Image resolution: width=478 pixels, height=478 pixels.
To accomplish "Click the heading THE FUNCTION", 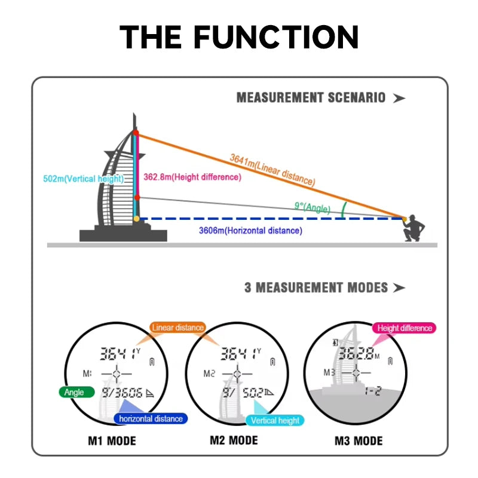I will [x=239, y=37].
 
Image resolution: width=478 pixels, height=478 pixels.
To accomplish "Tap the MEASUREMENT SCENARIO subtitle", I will [x=311, y=97].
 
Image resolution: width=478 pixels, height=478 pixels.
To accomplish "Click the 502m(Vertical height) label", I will [x=84, y=179].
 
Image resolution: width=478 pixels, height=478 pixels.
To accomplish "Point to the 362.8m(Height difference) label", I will [x=192, y=177].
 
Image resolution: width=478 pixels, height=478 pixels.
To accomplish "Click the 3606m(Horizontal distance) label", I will [x=250, y=231].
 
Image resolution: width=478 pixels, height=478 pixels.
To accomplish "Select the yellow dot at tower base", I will [x=137, y=219].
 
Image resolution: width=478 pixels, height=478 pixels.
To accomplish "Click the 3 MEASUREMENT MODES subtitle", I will [x=316, y=287].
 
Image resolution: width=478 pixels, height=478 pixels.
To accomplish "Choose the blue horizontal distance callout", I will [x=151, y=419].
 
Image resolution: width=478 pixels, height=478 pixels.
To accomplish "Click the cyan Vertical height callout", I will [x=275, y=421].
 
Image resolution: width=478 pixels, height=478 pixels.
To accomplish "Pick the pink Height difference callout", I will [x=405, y=328].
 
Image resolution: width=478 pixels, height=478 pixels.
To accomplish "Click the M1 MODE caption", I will [x=112, y=442].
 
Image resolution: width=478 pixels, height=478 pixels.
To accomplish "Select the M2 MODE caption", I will [x=234, y=441].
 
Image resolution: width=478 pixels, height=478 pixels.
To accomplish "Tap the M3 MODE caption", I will [x=358, y=442].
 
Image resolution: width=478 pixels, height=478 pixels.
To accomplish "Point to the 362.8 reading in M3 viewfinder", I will [x=358, y=353].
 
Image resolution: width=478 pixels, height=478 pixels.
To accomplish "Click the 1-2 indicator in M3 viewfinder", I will [x=373, y=391].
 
